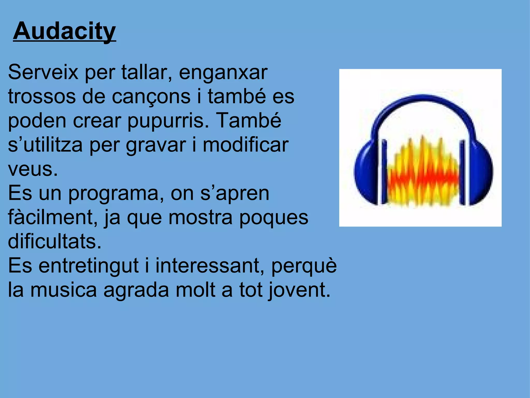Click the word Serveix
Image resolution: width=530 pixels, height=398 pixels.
coord(43,72)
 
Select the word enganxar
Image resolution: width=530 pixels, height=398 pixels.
coord(223,73)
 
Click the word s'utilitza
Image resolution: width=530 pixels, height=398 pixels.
coord(45,145)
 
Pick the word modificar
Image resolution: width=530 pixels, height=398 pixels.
coord(245,145)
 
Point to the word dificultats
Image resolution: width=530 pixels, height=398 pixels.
coord(55,241)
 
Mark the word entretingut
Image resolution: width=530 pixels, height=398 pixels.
coord(89,266)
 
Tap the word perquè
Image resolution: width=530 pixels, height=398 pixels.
coord(304,266)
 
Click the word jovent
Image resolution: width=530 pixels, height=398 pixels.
coord(299,290)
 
